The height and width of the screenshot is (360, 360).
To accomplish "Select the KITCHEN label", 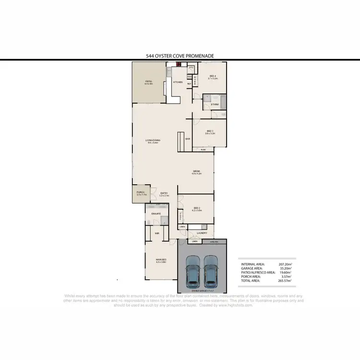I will click(x=178, y=83).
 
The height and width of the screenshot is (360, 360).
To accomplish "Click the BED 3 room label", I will click(x=210, y=131).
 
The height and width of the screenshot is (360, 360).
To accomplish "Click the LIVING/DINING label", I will click(x=153, y=140).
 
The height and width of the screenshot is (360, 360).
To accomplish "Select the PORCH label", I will click(x=141, y=192).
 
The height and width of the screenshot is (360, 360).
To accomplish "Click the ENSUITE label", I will click(x=156, y=213).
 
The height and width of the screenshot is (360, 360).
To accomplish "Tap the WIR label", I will click(x=157, y=233).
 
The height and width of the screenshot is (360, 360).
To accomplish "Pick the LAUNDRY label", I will click(x=202, y=233).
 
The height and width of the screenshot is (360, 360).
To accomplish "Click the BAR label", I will click(x=188, y=139).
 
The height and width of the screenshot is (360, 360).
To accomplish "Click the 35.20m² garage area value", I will click(x=286, y=268).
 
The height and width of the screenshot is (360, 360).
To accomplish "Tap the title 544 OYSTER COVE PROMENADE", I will click(x=180, y=56).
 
